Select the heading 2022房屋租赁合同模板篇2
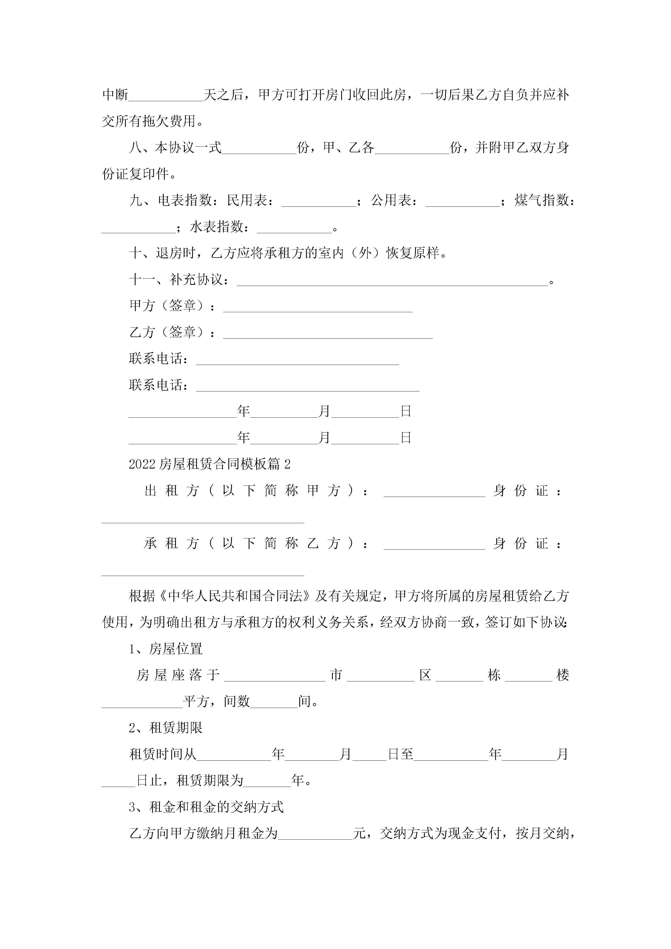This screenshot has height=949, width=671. [210, 464]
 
